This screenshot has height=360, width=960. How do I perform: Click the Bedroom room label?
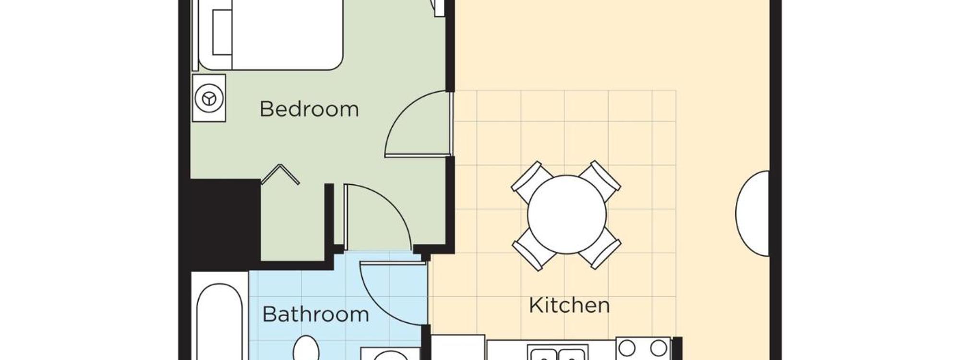coord(309,109)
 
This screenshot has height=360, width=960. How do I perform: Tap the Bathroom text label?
coord(315,314)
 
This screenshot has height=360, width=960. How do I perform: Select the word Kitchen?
coord(569,305)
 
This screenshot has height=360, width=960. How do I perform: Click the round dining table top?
coord(566,215)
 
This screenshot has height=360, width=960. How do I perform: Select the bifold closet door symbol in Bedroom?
coord(280,174)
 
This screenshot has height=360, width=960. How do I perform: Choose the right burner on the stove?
coord(658,348)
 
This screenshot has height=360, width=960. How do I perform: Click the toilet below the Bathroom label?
coord(306,348)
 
